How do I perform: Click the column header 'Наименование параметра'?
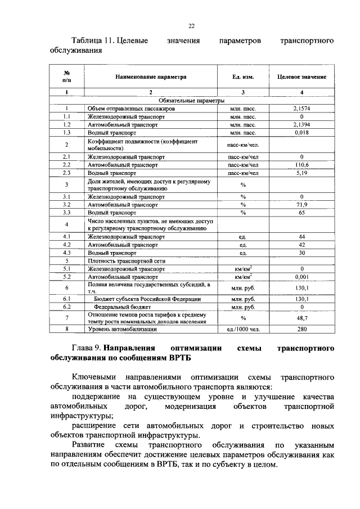coord(150,76)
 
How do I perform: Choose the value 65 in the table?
coord(301,214)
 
